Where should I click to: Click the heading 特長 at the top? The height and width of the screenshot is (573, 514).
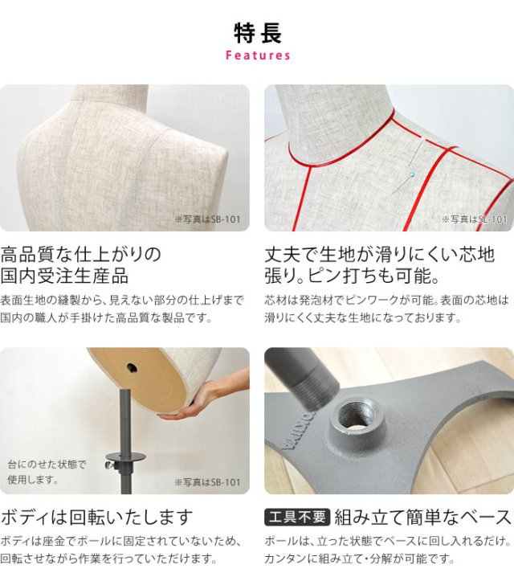[258, 33]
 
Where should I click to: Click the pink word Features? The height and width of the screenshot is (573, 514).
[258, 55]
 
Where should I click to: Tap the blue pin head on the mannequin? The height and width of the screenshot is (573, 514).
[412, 175]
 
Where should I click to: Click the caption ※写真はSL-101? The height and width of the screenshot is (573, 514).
[474, 219]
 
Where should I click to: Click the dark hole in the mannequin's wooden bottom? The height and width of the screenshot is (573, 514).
[131, 367]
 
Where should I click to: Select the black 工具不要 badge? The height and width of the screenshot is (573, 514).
[297, 517]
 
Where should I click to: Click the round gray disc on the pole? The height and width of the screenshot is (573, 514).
[125, 456]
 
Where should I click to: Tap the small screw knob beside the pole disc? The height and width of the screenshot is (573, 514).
[109, 465]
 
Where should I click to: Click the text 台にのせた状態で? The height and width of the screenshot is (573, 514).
[47, 465]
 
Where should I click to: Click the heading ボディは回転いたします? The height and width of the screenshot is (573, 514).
[96, 517]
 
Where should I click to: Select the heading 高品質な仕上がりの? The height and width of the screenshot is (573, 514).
[81, 254]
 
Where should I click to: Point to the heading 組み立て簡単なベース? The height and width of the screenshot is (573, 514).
[423, 517]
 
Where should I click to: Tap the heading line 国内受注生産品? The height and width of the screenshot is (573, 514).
[64, 276]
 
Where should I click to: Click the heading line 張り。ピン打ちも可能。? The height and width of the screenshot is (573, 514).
[352, 276]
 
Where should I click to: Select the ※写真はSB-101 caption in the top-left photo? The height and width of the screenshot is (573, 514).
[207, 219]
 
